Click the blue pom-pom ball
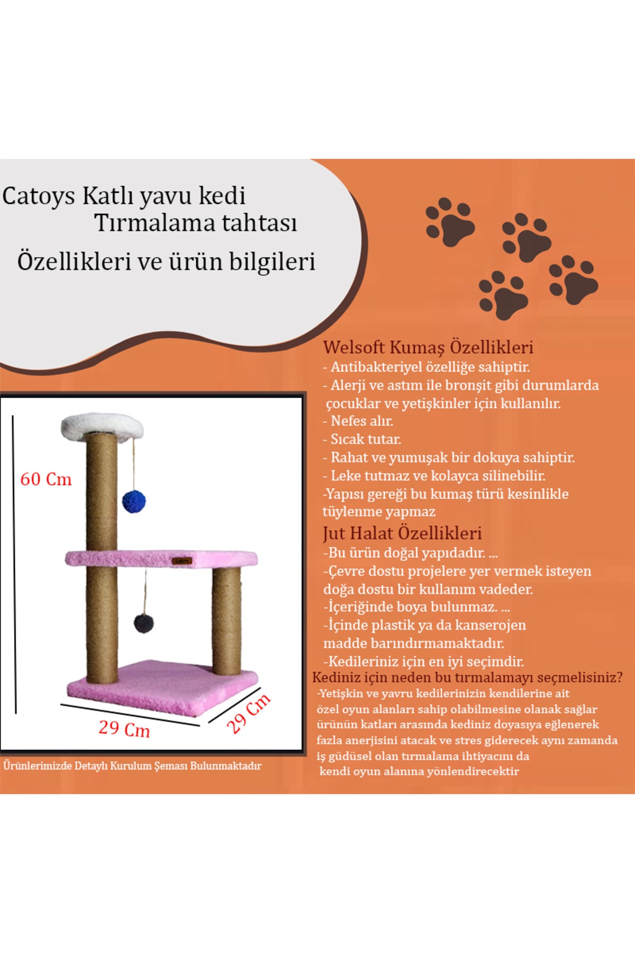pos(134,501)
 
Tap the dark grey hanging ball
pos(144,623)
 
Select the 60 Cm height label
pos(46,479)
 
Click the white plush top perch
pos(102,426)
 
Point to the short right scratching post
pos(226,621)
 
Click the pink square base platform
pos(162,687)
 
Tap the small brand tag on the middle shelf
pos(182,561)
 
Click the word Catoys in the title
pos(39,196)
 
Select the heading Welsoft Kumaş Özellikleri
pos(428,347)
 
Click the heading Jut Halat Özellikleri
pos(402,533)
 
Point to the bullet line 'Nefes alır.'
pos(358,421)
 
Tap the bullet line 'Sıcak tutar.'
pos(362,439)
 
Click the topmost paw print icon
pos(450,222)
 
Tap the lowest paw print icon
pos(503,295)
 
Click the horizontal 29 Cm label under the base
pos(124,729)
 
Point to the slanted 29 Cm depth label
pos(248,713)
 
